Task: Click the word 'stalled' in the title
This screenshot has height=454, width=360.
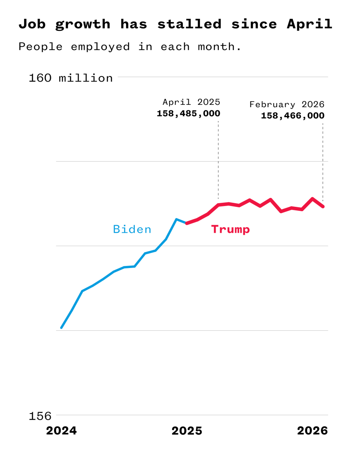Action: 189,24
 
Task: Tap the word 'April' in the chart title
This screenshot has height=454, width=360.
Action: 309,24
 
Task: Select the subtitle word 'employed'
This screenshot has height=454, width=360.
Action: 100,47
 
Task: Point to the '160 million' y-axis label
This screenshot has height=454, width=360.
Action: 71,78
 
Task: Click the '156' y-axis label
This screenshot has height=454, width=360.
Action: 40,416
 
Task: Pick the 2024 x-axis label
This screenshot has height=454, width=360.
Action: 61,431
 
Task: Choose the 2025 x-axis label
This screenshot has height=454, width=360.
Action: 187,431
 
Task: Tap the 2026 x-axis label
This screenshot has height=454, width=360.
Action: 312,431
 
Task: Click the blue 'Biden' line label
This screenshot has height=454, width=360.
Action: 132,230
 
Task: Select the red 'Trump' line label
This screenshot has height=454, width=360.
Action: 230,230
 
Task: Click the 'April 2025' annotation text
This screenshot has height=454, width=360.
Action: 191,102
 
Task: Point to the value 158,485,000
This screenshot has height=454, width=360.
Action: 188,114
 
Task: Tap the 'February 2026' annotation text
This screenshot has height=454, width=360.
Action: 287,105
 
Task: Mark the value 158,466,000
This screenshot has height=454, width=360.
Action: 292,116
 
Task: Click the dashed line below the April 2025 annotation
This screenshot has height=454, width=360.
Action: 218,160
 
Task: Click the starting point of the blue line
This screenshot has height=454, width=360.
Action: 61,328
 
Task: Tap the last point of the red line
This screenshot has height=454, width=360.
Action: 323,206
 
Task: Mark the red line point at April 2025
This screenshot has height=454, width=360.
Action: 218,205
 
